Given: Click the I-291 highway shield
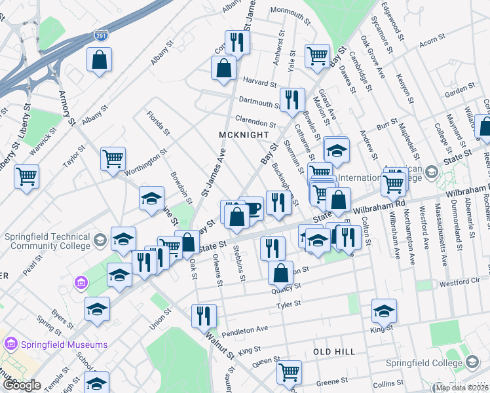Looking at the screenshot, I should pyautogui.click(x=100, y=36).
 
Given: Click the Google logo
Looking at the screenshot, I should pyautogui.click(x=22, y=385).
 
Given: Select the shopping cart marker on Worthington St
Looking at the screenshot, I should pyautogui.click(x=113, y=159).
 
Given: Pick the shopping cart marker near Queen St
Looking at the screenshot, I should pyautogui.click(x=288, y=371).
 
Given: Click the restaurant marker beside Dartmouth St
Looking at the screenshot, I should pyautogui.click(x=292, y=100).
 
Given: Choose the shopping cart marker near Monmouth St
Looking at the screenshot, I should pyautogui.click(x=318, y=56).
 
